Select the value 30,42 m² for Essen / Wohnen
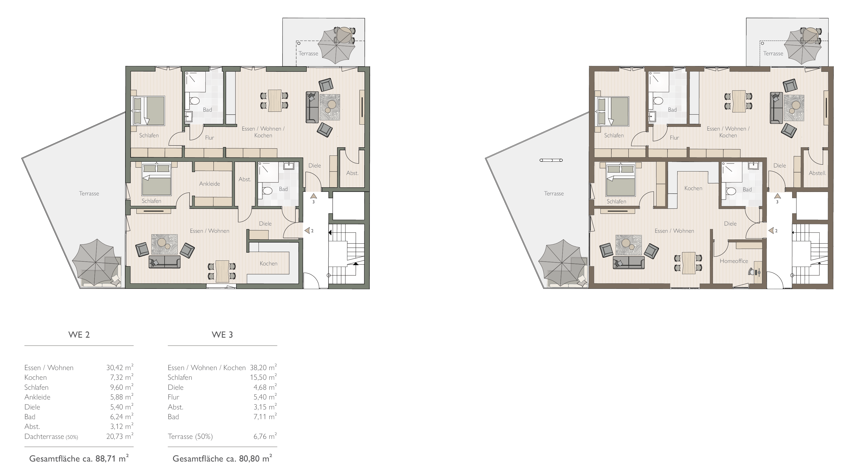click(x=120, y=367)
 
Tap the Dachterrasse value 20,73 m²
click(x=120, y=436)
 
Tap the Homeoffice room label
click(x=734, y=261)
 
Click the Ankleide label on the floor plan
click(x=210, y=184)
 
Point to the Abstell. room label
click(x=817, y=173)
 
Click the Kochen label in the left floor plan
click(x=269, y=263)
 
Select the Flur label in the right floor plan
click(x=674, y=138)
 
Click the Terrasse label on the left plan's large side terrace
click(x=89, y=193)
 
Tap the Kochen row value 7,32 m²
click(x=122, y=377)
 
